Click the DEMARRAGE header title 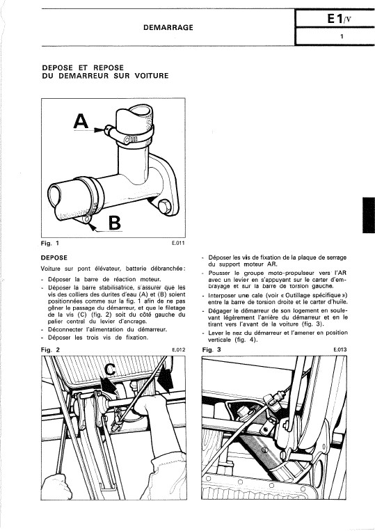coord(168,27)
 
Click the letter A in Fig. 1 coord(81,122)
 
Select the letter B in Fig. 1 coord(114,223)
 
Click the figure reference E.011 coord(178,243)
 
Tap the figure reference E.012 coord(179,350)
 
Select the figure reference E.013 coord(340,350)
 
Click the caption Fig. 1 coord(50,243)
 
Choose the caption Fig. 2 coord(50,350)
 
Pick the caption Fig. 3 coord(212,350)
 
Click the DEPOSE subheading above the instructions coord(54,257)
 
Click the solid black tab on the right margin coord(369,215)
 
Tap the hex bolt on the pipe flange coord(164,206)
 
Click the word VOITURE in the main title coord(151,76)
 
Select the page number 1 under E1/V coord(342,36)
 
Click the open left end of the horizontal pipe coord(54,196)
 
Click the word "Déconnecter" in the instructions coord(65,329)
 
